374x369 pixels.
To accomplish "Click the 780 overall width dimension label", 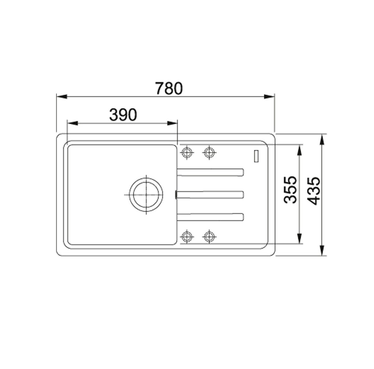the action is [169, 88].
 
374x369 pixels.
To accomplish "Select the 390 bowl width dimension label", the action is [123, 115].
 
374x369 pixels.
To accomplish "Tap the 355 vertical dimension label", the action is [291, 190].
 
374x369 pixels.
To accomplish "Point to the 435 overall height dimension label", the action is [313, 191].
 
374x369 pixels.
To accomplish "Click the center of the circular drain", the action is [146, 195].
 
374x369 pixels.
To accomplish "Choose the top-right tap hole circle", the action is [209, 152].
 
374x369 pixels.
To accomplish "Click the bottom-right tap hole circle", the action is [209, 237].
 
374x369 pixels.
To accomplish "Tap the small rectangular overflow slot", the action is [256, 156].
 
